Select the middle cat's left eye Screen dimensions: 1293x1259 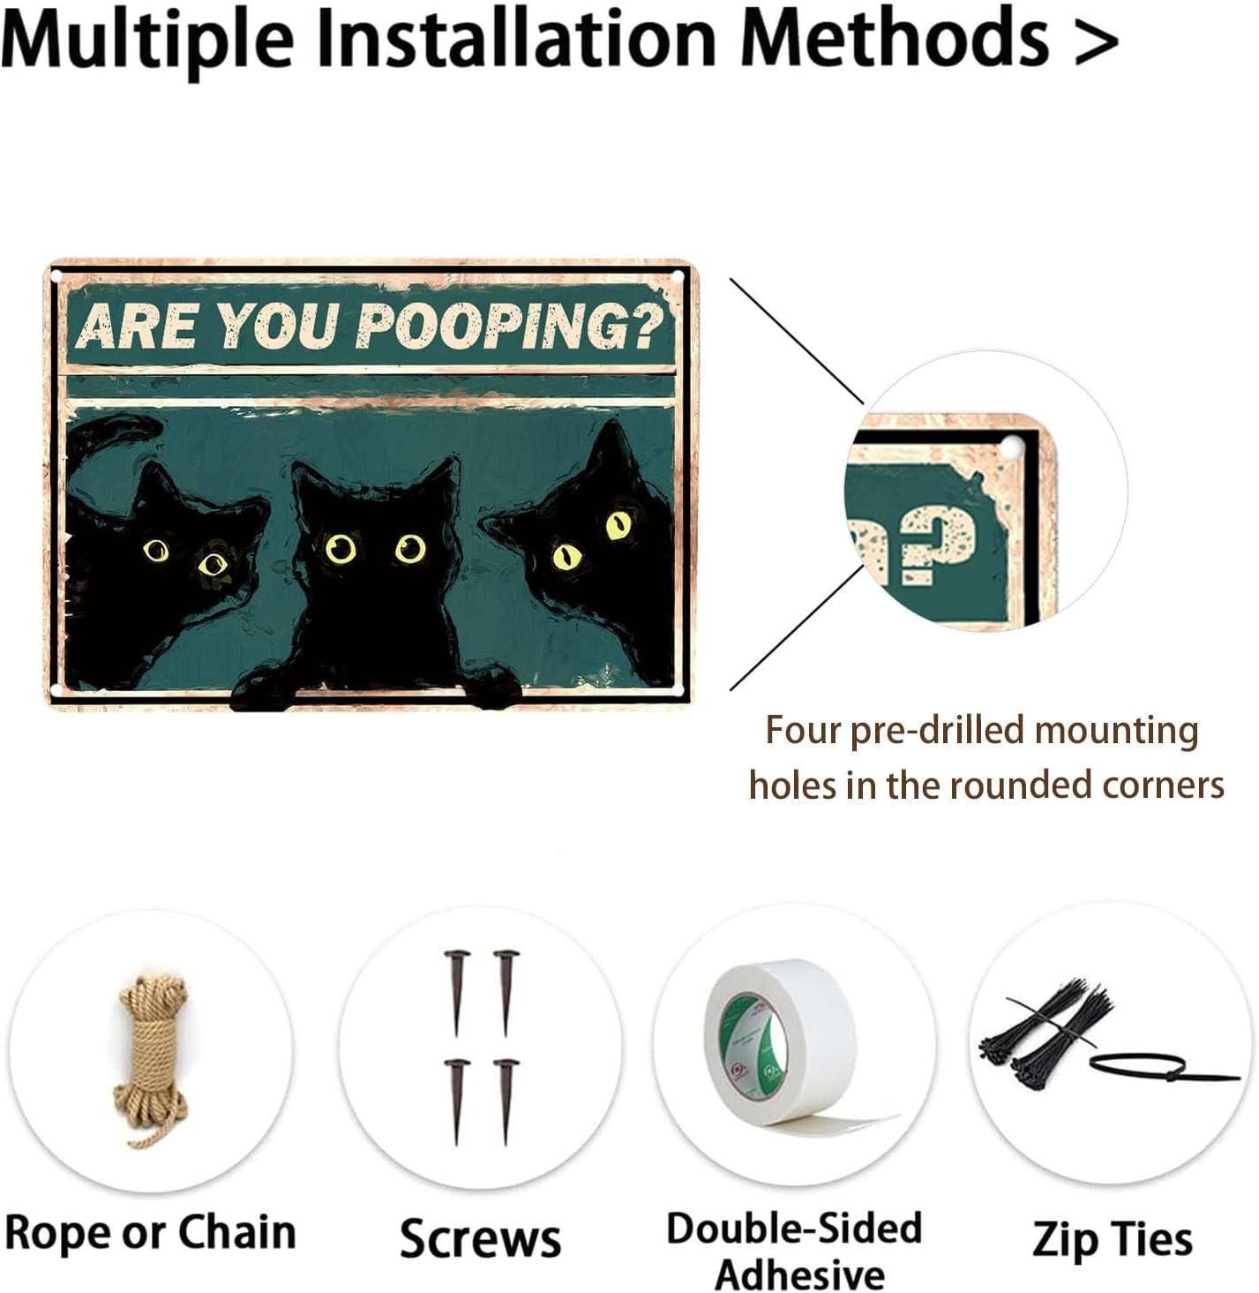point(341,549)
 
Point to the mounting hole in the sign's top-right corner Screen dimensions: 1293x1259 point(678,277)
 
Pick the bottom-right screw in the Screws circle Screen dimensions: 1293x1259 point(506,1099)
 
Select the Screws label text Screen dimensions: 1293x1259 point(480,1238)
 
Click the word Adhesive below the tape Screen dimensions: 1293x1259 point(799,1274)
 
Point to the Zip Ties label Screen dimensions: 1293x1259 point(1112,1239)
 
